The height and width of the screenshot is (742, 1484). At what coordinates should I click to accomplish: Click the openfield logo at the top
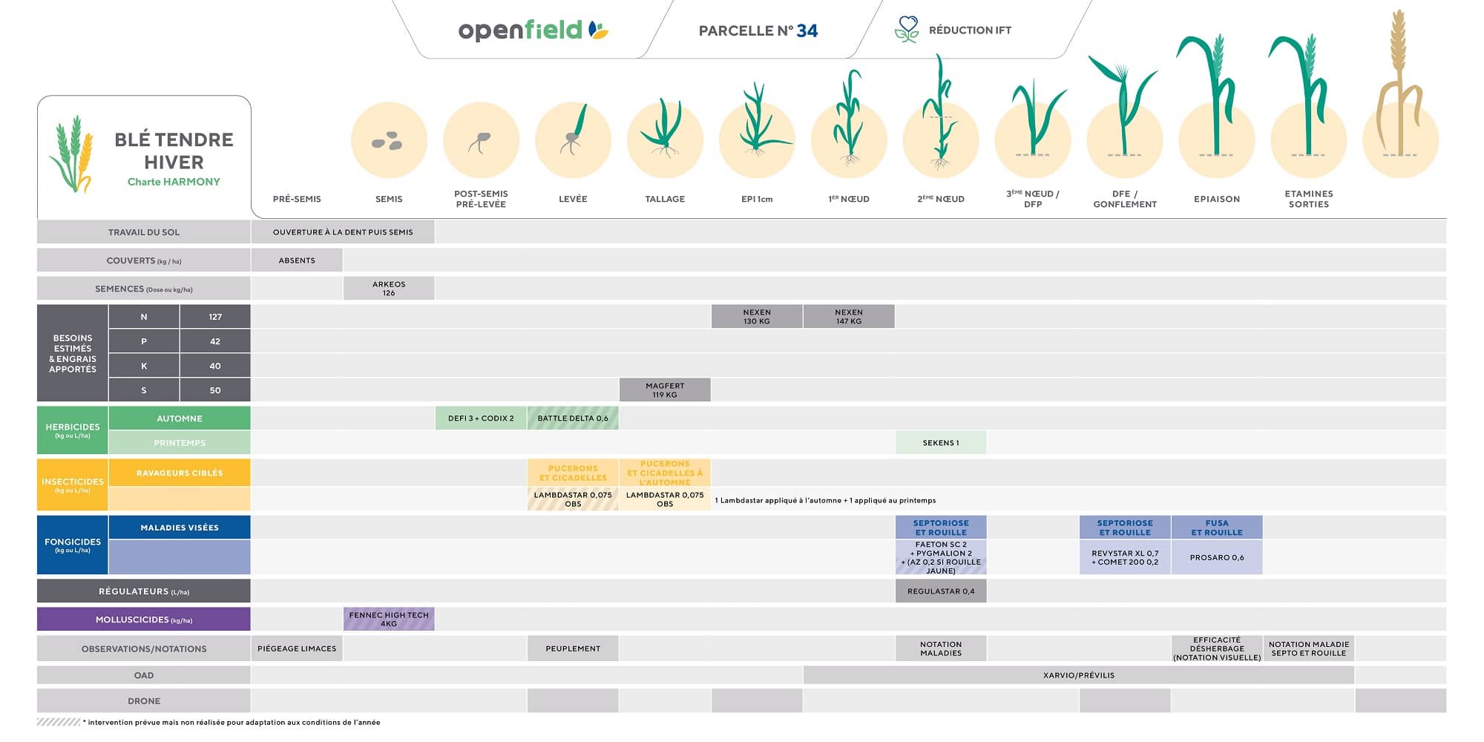coord(532,30)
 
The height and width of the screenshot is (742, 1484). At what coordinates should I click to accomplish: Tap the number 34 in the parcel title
coord(807,31)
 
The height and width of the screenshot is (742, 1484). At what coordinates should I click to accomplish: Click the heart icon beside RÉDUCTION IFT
coord(907,29)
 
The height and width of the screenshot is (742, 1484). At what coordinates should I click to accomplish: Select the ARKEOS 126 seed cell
coord(389,289)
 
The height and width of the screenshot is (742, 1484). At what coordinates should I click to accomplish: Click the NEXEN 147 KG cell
coord(849,317)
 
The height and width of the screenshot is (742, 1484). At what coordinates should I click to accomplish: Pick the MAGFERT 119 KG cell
coord(665,390)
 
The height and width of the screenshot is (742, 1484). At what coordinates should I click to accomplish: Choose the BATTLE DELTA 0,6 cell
coord(573,418)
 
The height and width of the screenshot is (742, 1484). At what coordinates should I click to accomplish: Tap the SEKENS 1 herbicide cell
coord(941,443)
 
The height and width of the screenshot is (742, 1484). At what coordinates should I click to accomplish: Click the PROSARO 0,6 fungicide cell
coord(1217,557)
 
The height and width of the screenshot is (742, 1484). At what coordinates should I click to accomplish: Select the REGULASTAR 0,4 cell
coord(941,591)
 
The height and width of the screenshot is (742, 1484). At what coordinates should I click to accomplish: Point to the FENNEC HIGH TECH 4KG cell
coord(389,620)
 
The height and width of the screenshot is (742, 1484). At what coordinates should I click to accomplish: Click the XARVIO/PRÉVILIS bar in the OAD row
coord(1078,675)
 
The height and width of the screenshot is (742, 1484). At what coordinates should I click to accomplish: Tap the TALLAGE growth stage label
coord(665,199)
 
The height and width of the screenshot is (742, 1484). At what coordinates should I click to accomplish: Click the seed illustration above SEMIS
coord(388,141)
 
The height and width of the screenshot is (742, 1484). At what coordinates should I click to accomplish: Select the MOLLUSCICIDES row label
coord(144,620)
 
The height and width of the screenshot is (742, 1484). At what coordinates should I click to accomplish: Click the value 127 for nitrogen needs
coord(215,317)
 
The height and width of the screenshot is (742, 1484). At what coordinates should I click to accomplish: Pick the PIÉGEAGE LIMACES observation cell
coord(297,649)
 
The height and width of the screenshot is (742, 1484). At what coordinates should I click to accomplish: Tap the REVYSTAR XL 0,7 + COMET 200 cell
coord(1125,557)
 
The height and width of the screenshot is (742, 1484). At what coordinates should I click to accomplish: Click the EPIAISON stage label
coord(1217,199)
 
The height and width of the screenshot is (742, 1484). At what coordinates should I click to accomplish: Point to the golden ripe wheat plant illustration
coord(1399,89)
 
